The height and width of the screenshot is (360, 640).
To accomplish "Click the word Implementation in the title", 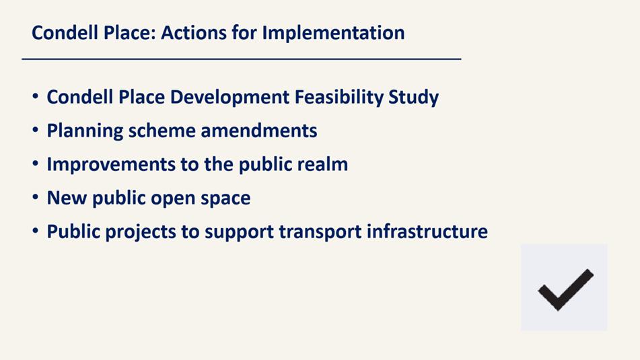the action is point(333,34).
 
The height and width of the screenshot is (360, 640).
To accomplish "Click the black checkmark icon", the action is point(565,289).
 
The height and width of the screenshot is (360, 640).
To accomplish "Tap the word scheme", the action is point(162,131).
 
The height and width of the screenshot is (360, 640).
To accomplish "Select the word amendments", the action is point(259,131).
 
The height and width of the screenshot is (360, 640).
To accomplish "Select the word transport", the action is point(320,232).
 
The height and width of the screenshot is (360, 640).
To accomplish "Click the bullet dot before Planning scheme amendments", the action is point(36,130).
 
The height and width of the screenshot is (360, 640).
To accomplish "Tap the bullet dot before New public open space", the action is point(36,197).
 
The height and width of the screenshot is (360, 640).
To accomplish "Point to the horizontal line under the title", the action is point(241,59).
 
